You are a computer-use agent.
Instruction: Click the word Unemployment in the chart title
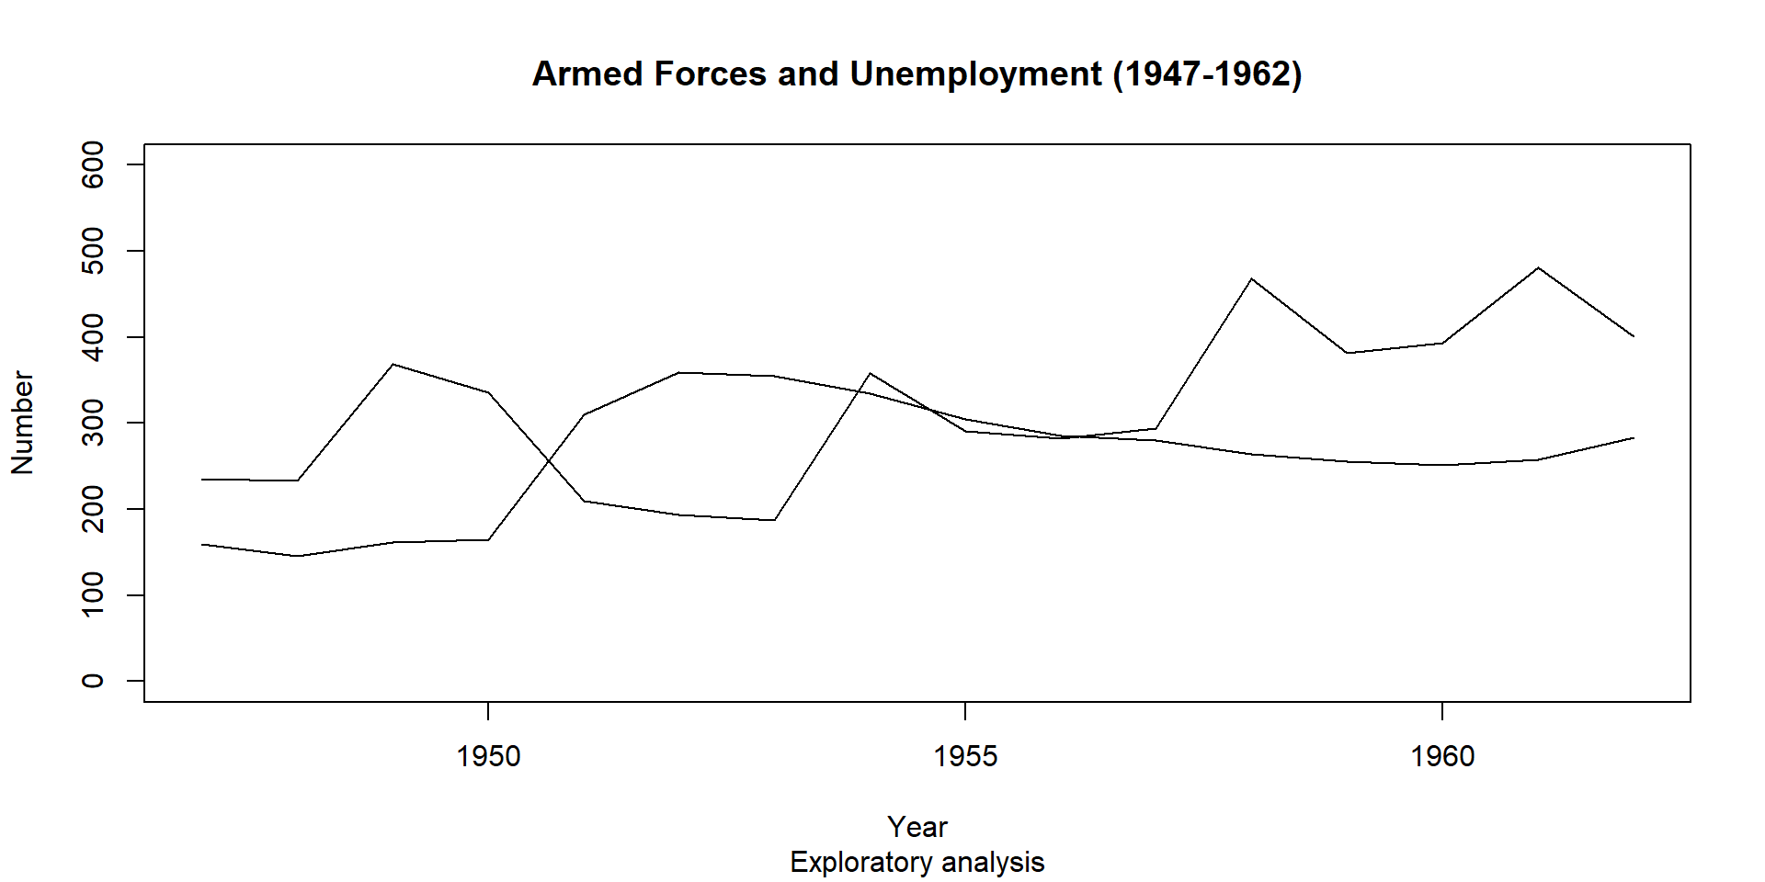(x=975, y=74)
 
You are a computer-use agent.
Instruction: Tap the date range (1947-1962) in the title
(x=1207, y=74)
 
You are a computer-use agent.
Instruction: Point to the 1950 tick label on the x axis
(x=488, y=756)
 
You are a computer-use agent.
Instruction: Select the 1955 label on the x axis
(x=965, y=756)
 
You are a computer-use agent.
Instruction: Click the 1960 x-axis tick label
(x=1442, y=756)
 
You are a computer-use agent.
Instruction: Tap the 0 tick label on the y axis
(x=93, y=681)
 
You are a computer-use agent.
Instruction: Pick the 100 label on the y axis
(x=93, y=594)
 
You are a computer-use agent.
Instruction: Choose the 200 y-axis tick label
(x=93, y=509)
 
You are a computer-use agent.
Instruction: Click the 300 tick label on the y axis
(x=93, y=423)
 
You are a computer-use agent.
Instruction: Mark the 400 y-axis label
(x=93, y=337)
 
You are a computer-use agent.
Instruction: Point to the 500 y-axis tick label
(x=93, y=251)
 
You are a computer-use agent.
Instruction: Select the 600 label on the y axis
(x=93, y=164)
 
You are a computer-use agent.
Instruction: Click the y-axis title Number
(x=22, y=423)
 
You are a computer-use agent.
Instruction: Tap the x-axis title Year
(x=917, y=827)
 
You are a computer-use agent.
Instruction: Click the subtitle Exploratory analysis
(x=917, y=863)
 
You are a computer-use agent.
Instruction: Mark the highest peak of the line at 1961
(x=1538, y=267)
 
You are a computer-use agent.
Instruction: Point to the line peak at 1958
(x=1251, y=278)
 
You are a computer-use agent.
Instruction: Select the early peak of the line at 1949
(x=393, y=365)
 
